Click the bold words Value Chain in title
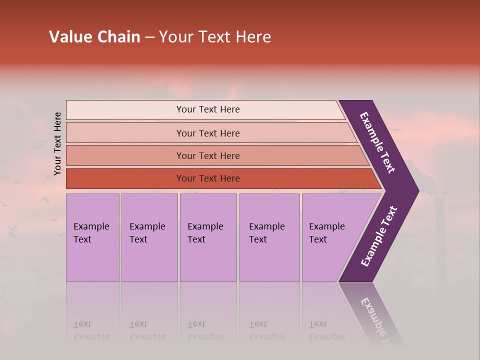pos(94,37)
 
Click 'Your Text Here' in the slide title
pos(215,37)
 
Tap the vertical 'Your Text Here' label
pos(57,143)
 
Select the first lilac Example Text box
pos(92,237)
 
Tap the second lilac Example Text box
pos(149,237)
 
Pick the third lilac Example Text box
pos(208,237)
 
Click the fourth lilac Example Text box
pos(269,237)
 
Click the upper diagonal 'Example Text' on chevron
pos(378,142)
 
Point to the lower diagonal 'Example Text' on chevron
pos(379,236)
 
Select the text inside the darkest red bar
pos(208,178)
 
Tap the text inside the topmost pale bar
pos(208,109)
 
